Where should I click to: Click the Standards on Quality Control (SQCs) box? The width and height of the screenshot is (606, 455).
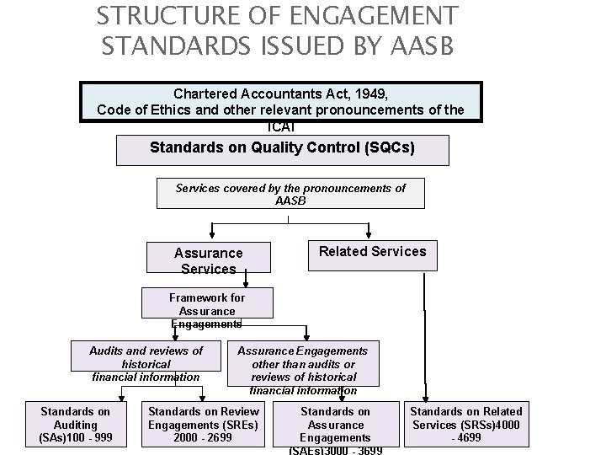282,147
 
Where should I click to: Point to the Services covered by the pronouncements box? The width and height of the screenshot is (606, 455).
290,193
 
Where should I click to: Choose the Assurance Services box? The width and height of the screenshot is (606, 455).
208,260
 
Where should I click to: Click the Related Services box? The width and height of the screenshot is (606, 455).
372,251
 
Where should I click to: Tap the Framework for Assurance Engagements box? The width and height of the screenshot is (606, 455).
206,309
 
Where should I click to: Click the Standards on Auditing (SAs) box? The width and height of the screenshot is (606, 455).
75,425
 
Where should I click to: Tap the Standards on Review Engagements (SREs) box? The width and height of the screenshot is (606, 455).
203,425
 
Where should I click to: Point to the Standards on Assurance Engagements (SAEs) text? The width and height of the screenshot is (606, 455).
335,431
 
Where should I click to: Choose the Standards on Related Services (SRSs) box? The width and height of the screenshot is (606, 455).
465,425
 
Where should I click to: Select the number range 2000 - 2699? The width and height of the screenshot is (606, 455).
203,437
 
